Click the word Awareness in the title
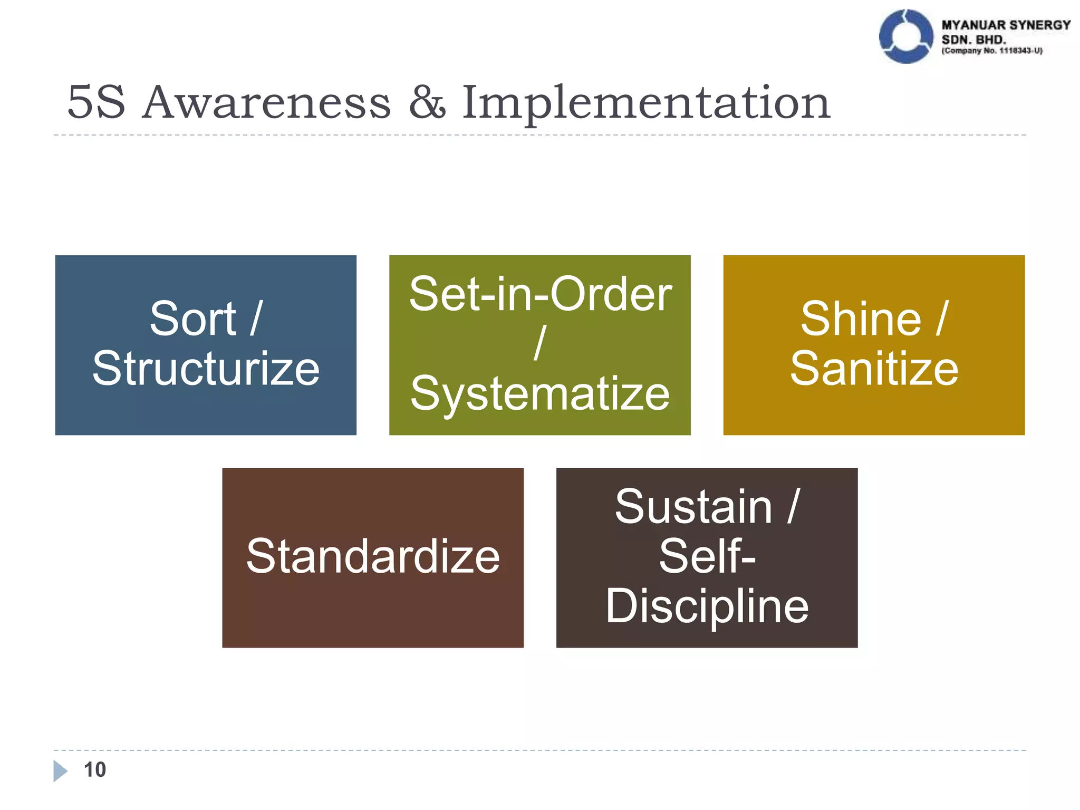tap(267, 102)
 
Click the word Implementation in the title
tap(646, 103)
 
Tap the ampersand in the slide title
tap(427, 102)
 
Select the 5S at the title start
tap(97, 102)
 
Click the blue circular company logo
tap(906, 36)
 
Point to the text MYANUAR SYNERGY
tap(1006, 25)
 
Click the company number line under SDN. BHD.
tap(992, 51)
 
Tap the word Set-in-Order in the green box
tap(540, 294)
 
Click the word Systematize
tap(540, 394)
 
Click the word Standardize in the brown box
tap(373, 556)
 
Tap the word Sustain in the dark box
tap(693, 506)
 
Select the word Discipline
tap(707, 606)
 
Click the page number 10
tap(95, 769)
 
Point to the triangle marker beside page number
tap(60, 770)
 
